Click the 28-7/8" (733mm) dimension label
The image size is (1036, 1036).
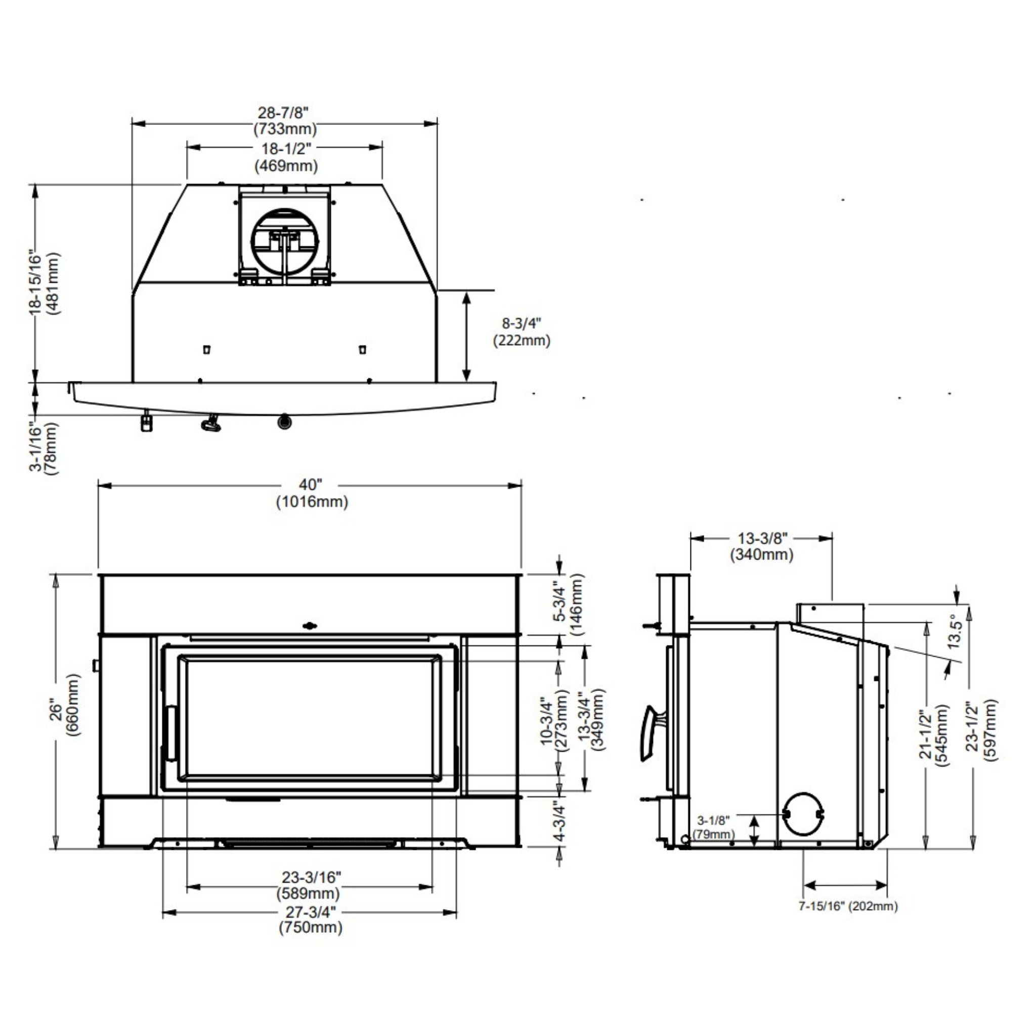pyautogui.click(x=285, y=121)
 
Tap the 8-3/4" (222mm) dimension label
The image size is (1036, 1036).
pyautogui.click(x=521, y=332)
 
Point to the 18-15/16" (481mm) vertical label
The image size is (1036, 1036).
pyautogui.click(x=45, y=283)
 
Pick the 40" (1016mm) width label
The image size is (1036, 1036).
pyautogui.click(x=312, y=493)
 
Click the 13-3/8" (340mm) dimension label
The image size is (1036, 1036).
pyautogui.click(x=761, y=546)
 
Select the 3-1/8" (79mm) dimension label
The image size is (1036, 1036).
pyautogui.click(x=714, y=828)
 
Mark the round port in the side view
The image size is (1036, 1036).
pyautogui.click(x=802, y=821)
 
